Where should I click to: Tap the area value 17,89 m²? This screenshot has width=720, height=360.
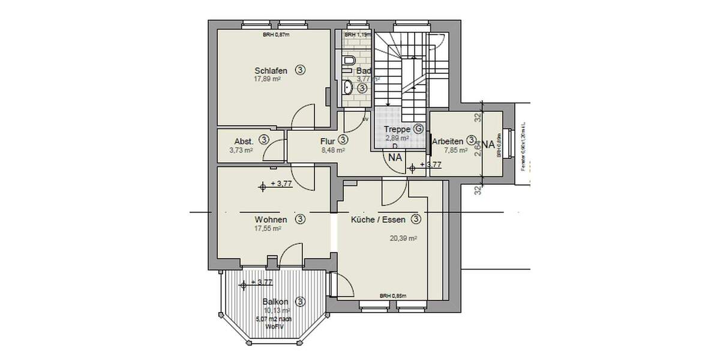pyautogui.click(x=268, y=79)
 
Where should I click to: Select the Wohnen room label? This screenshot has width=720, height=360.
pyautogui.click(x=269, y=220)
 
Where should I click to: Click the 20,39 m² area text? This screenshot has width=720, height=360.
pyautogui.click(x=403, y=238)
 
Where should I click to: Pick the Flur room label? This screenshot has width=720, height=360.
pyautogui.click(x=327, y=140)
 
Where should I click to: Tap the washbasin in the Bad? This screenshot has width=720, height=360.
pyautogui.click(x=348, y=89)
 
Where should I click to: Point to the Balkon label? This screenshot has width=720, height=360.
pyautogui.click(x=276, y=302)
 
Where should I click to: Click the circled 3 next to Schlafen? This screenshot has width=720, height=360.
pyautogui.click(x=301, y=70)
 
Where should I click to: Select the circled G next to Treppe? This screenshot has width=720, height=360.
pyautogui.click(x=418, y=129)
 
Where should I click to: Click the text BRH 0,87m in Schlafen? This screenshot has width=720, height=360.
pyautogui.click(x=276, y=35)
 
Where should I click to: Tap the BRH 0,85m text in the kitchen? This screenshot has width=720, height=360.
pyautogui.click(x=393, y=296)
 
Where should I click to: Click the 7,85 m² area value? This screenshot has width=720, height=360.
pyautogui.click(x=455, y=151)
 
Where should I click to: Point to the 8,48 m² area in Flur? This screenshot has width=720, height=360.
pyautogui.click(x=332, y=151)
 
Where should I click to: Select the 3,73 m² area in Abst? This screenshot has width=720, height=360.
pyautogui.click(x=241, y=151)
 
